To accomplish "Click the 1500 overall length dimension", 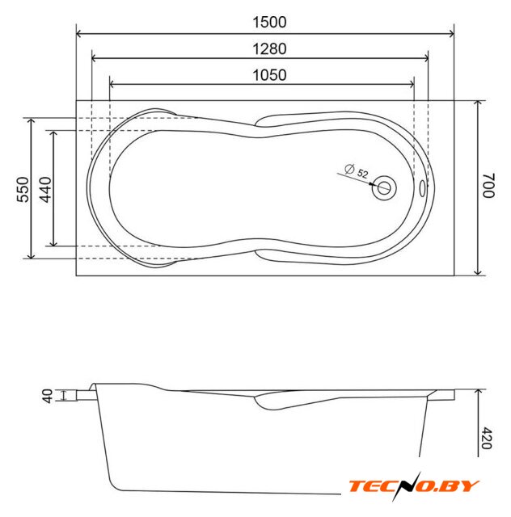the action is click(269, 22).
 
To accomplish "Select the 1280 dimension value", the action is click(269, 48).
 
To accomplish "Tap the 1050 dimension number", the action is click(269, 75).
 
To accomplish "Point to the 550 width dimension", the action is click(23, 189).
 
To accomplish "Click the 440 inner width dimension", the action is click(45, 189).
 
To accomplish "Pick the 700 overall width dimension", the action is click(488, 185).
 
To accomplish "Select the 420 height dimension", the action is click(487, 438).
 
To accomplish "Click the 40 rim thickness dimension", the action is click(48, 396).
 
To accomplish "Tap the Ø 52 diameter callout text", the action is click(357, 171).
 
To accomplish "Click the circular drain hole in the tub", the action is click(384, 188).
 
